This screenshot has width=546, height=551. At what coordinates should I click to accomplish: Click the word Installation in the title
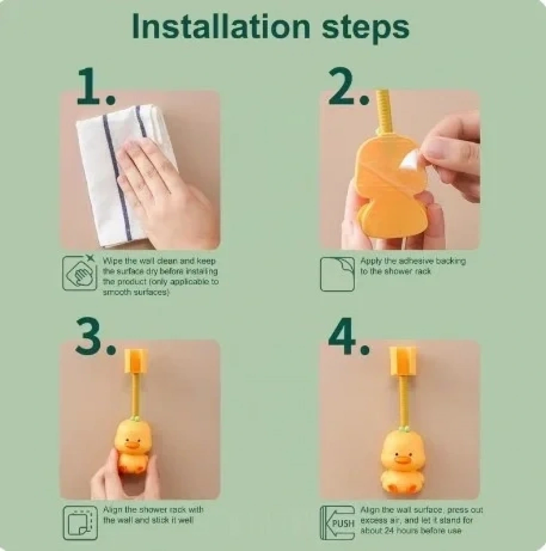tap(221, 26)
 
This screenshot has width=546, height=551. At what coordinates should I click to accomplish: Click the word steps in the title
tap(365, 29)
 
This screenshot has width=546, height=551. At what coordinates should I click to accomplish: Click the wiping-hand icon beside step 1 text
tap(79, 273)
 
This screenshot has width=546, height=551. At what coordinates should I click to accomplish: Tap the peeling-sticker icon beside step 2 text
tap(338, 274)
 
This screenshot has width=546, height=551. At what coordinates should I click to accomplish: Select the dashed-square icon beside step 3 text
tap(81, 523)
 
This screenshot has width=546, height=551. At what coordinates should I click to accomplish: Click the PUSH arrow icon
tap(338, 523)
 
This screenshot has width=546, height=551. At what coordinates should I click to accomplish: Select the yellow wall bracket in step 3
tap(136, 361)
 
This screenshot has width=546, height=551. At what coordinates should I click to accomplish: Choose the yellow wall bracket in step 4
tap(404, 362)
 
